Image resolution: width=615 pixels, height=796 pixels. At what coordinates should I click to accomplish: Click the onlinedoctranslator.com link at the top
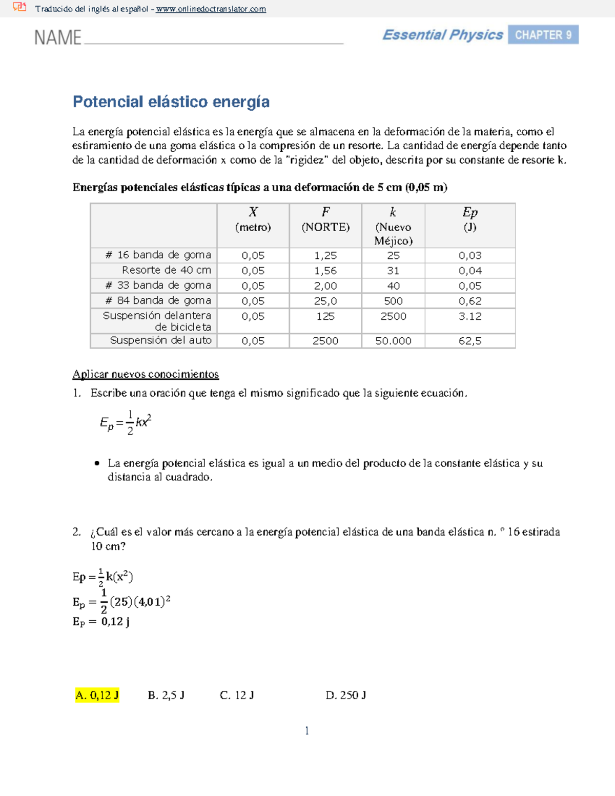point(211,9)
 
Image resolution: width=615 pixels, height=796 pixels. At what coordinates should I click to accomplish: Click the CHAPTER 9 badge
point(543,35)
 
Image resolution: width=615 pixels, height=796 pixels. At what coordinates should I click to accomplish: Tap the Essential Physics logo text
point(442,35)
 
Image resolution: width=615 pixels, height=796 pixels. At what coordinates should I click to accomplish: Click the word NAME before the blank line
point(57,38)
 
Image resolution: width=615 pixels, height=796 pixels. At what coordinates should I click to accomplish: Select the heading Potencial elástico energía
point(171,102)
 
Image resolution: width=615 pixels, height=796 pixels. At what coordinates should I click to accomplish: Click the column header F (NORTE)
point(325,219)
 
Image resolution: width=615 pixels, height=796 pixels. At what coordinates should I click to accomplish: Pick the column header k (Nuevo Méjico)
point(393,226)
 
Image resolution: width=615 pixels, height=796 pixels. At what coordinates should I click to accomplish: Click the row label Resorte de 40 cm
point(166,270)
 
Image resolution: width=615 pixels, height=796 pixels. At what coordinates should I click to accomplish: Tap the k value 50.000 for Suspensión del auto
point(393,341)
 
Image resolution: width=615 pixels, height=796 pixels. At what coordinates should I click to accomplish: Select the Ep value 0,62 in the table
point(470,301)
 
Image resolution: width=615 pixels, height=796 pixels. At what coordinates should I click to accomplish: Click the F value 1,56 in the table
point(325,271)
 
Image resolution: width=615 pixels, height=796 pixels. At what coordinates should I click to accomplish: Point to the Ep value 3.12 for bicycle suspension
point(470,316)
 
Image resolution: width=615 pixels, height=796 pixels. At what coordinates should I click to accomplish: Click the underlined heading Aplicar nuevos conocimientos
point(146,374)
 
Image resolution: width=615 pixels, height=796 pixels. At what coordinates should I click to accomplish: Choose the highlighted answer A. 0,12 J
point(97,695)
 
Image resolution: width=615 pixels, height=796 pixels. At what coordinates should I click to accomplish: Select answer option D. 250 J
point(345,695)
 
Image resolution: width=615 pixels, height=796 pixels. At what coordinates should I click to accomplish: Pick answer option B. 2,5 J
point(166,695)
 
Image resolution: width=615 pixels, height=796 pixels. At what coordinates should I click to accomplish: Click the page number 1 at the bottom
point(307,731)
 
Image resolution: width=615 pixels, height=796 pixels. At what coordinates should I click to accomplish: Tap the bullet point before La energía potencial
point(97,463)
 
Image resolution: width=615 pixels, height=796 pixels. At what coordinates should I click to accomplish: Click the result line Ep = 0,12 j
point(101,622)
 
